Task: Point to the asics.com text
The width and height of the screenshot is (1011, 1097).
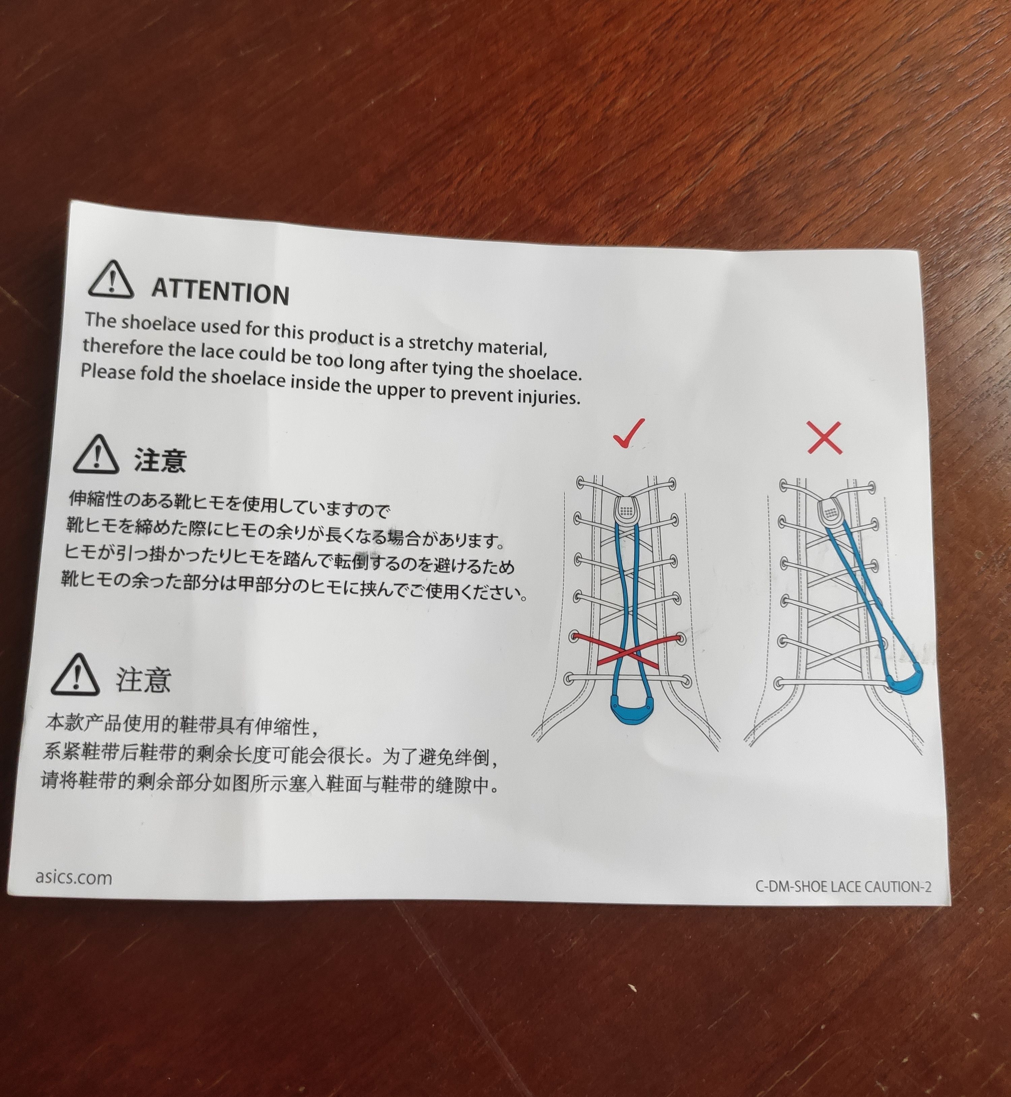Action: coord(74,877)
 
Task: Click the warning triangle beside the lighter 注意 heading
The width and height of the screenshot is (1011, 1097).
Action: coord(75,675)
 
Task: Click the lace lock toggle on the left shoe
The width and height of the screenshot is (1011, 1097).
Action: coord(627,509)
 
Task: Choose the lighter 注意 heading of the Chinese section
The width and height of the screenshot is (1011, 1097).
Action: coord(143,680)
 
